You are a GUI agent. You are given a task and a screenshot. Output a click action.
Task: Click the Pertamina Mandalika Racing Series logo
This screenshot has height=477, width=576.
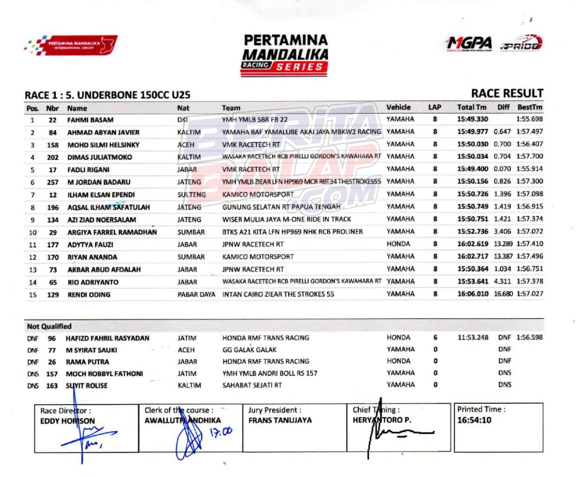pos(285,55)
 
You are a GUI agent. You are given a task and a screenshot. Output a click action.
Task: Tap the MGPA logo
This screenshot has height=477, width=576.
pos(469,44)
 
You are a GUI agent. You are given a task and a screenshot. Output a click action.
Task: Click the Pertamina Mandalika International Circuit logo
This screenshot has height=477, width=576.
pos(71,45)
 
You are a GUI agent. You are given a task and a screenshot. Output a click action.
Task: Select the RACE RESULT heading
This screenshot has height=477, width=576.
pos(507,94)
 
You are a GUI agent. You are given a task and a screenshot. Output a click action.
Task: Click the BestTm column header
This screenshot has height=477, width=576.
pos(530,107)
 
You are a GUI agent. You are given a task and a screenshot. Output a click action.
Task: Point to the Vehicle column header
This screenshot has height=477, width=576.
pos(398,107)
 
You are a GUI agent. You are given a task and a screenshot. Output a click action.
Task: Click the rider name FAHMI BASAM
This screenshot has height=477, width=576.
pos(90,120)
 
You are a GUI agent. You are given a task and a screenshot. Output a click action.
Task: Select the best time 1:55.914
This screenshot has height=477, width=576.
pos(530,169)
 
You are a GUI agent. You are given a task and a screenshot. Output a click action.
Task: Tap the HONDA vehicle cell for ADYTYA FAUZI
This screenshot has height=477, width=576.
pos(398,244)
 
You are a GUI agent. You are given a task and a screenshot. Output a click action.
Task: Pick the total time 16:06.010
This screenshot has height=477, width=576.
pos(472,294)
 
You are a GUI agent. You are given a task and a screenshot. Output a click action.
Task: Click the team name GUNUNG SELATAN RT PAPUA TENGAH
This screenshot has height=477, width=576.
pos(281,207)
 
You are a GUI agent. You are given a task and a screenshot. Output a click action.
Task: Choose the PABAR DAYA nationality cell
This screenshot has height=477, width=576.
pos(196,294)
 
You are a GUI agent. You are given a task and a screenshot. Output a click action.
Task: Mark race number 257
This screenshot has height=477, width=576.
pos(53,182)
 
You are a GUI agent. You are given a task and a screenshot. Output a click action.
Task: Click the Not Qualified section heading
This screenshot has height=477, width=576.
pos(49,326)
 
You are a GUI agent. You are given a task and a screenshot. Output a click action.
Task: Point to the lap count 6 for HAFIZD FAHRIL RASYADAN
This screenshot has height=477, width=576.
pos(435,338)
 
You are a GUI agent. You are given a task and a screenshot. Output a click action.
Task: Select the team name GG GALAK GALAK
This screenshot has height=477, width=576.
pos(249,350)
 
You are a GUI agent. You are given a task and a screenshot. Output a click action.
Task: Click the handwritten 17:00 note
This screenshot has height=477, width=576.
pos(221,432)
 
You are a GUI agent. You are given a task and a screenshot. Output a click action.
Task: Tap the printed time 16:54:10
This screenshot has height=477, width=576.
pos(474,420)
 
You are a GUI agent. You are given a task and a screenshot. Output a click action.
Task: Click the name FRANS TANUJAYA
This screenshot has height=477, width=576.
pos(280,420)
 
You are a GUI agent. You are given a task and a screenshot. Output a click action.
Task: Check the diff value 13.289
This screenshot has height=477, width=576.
pos(503,244)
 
